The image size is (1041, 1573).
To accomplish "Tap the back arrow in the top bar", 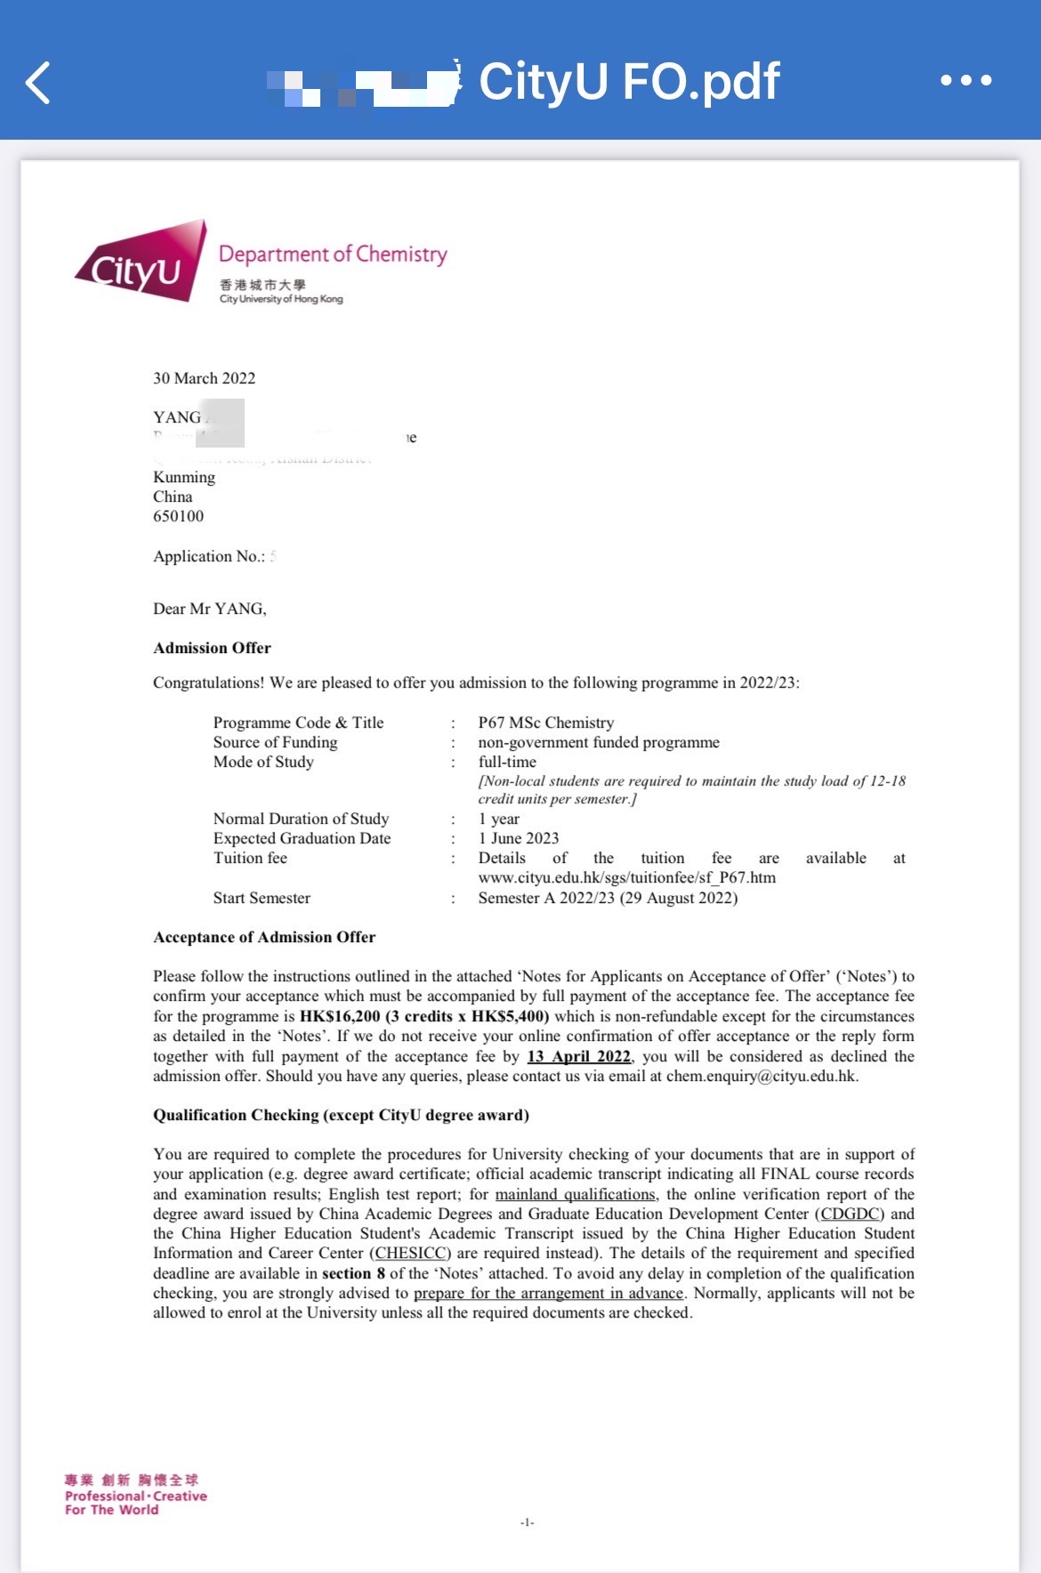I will pyautogui.click(x=38, y=83).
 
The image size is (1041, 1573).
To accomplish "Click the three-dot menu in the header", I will pyautogui.click(x=966, y=80).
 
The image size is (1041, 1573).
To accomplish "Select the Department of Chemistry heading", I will pyautogui.click(x=333, y=254).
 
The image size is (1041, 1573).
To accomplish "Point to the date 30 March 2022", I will pyautogui.click(x=204, y=378).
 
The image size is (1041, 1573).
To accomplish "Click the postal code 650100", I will pyautogui.click(x=178, y=516).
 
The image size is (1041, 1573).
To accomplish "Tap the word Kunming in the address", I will pyautogui.click(x=184, y=477).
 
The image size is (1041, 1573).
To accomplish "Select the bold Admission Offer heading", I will pyautogui.click(x=212, y=648).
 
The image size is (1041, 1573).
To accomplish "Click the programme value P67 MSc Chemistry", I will pyautogui.click(x=545, y=722).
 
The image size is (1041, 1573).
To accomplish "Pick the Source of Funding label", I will pyautogui.click(x=275, y=742).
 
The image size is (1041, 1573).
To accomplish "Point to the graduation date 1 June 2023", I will pyautogui.click(x=519, y=838).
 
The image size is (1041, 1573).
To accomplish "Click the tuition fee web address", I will pyautogui.click(x=626, y=877).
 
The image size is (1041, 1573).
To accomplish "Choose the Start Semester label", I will pyautogui.click(x=262, y=898).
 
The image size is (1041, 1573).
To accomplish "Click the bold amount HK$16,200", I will pyautogui.click(x=340, y=1016).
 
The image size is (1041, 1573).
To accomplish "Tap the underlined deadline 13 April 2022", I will pyautogui.click(x=578, y=1056).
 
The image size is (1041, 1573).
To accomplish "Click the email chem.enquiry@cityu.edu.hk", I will pyautogui.click(x=761, y=1076).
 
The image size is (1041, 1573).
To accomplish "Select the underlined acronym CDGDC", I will pyautogui.click(x=850, y=1214).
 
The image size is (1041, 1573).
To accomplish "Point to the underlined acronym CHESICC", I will pyautogui.click(x=410, y=1253).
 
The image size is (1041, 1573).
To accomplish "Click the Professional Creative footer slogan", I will pyautogui.click(x=135, y=1496).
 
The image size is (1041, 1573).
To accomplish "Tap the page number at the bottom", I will pyautogui.click(x=527, y=1522).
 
